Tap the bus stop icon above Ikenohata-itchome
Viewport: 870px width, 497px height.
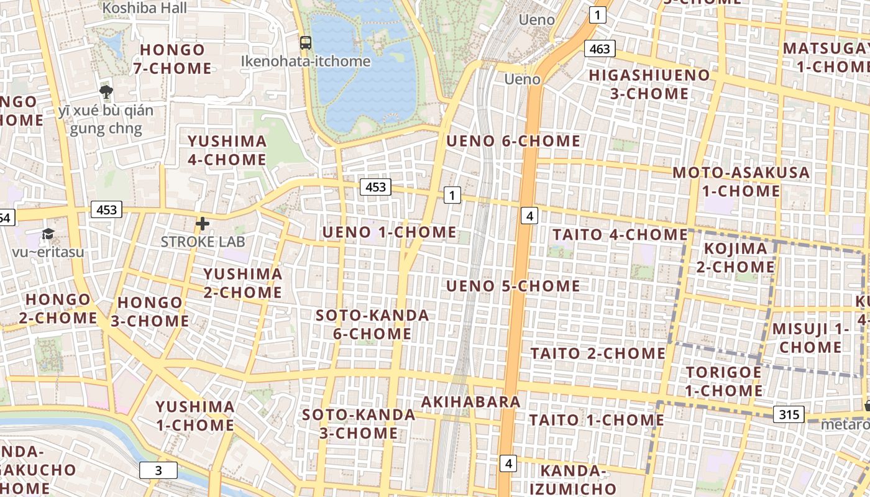[x=305, y=43]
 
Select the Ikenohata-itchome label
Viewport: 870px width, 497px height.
[x=305, y=61]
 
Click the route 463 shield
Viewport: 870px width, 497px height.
[x=600, y=48]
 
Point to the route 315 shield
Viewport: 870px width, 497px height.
[x=789, y=414]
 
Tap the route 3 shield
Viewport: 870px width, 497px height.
[x=158, y=470]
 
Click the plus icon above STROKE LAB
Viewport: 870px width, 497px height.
[x=203, y=224]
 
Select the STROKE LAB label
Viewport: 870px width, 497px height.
[x=203, y=241]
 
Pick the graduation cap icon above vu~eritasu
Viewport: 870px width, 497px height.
[x=48, y=234]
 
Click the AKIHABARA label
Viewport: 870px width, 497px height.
[x=471, y=402]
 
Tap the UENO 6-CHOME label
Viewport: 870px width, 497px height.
[x=513, y=141]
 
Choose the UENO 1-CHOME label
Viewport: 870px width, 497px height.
[x=389, y=232]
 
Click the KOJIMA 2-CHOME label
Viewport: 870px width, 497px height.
[x=739, y=258]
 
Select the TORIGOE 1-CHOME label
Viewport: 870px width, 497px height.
[x=723, y=381]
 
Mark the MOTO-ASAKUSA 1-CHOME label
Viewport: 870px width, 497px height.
[x=741, y=181]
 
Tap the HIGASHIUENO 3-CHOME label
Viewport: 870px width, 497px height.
[x=649, y=84]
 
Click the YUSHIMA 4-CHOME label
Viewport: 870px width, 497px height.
[x=227, y=150]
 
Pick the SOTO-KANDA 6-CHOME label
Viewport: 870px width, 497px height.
[x=372, y=324]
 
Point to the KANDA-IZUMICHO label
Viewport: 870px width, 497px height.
[x=572, y=479]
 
